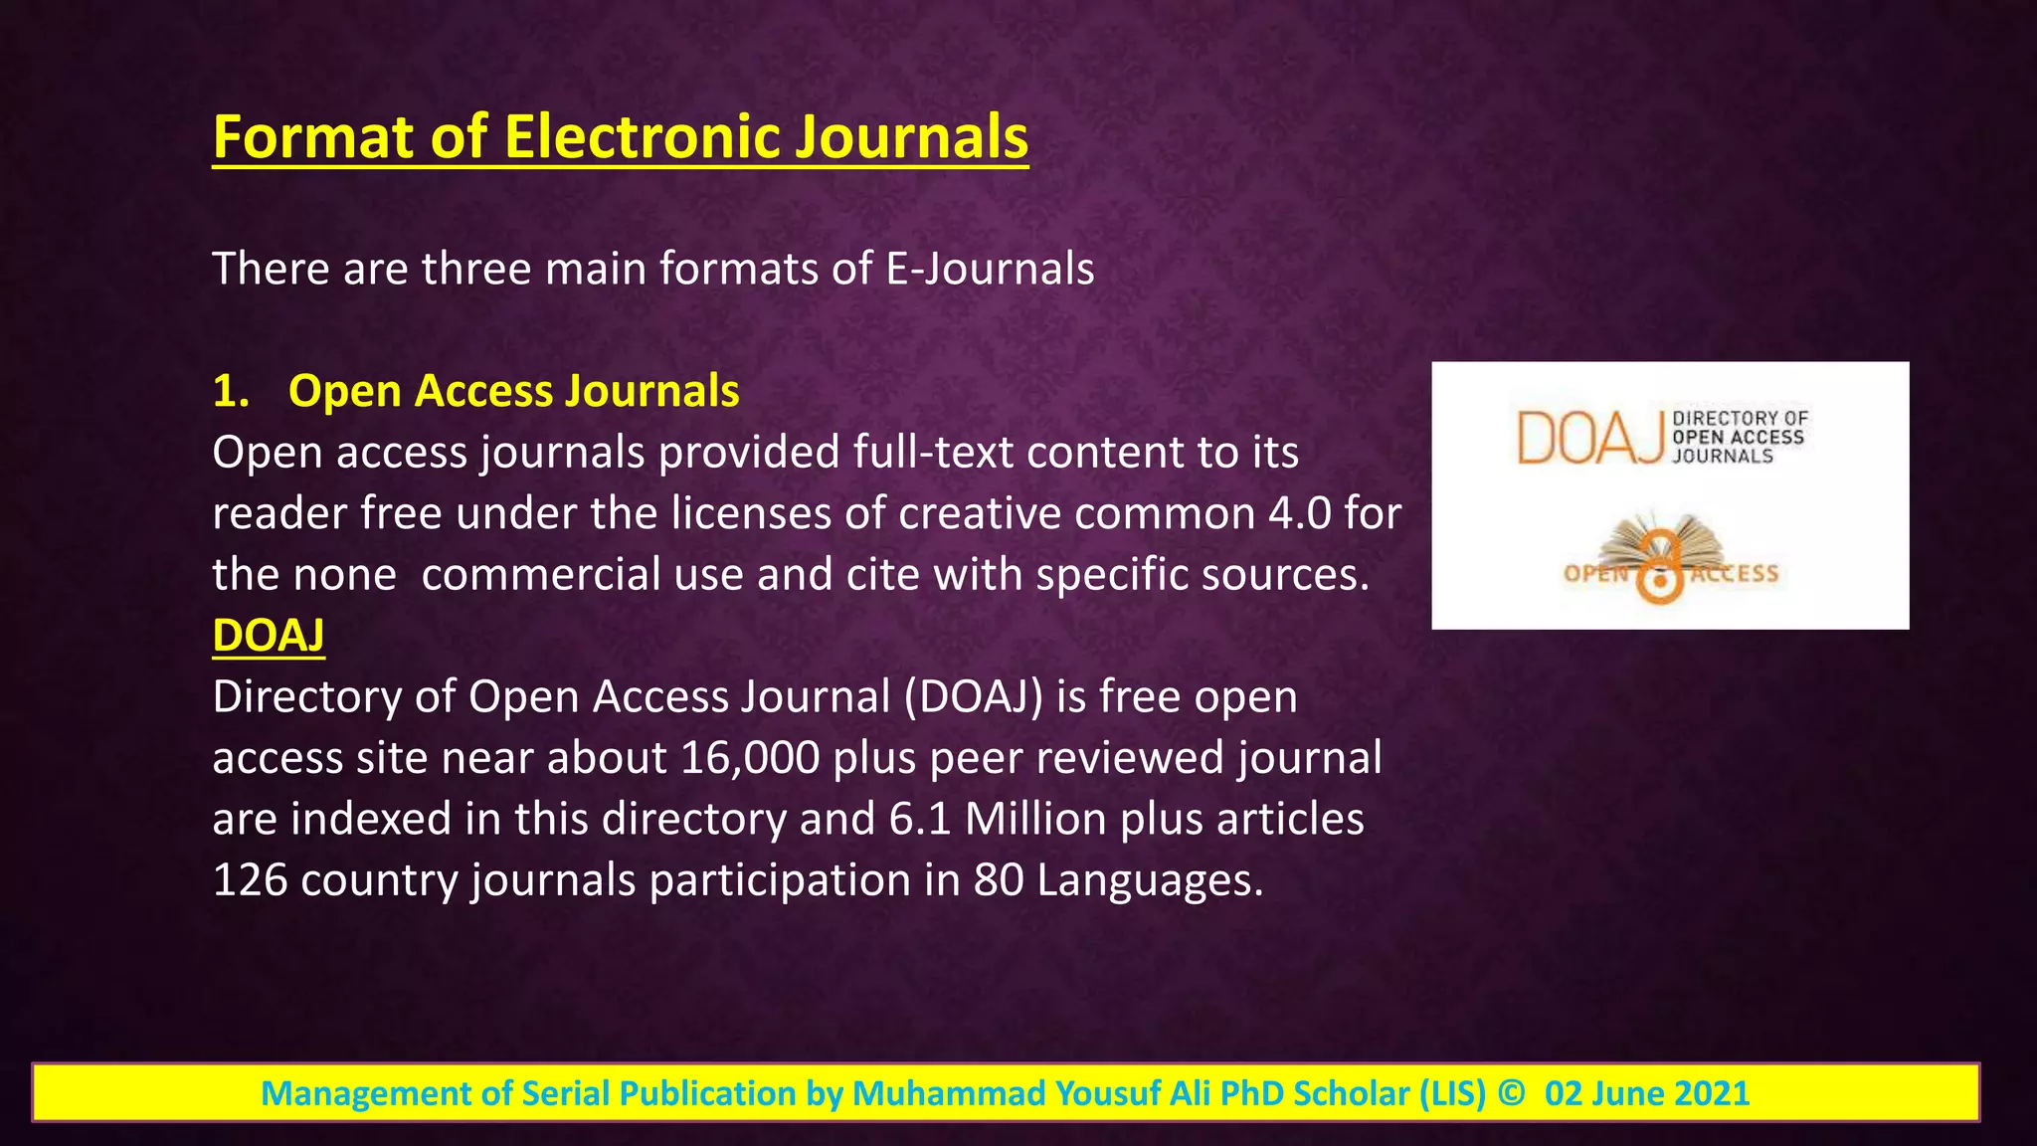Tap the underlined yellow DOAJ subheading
coord(269,636)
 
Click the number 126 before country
coord(250,880)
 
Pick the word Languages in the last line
coord(1149,880)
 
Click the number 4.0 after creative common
coord(1300,513)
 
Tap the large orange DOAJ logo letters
coord(1589,438)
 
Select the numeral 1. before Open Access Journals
coord(231,391)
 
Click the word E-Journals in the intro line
coord(990,269)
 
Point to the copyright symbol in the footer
coord(1510,1092)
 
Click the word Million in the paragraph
coord(1035,819)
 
